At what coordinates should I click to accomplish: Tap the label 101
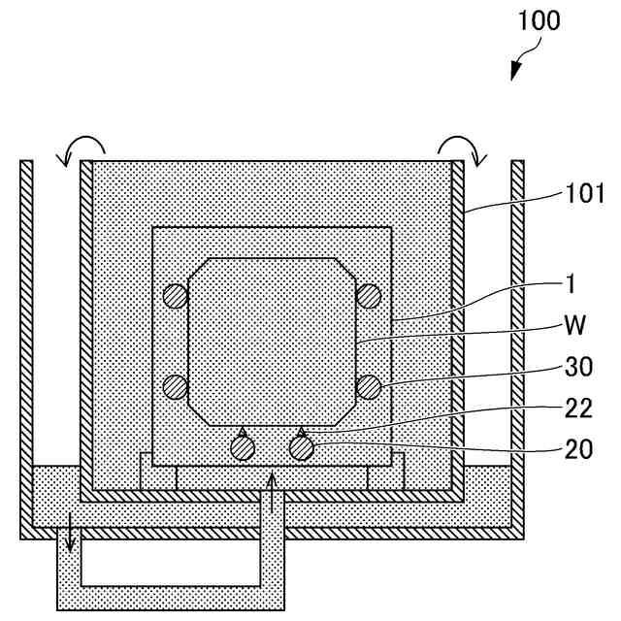pos(584,194)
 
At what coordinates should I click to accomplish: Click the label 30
pos(579,369)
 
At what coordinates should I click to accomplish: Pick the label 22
pos(579,409)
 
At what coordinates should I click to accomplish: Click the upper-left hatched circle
pos(175,296)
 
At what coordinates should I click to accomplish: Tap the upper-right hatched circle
pos(368,296)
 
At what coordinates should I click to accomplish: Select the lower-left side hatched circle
pos(175,386)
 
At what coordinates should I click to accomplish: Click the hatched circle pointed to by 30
pos(368,386)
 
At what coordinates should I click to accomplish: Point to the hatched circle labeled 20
pos(303,447)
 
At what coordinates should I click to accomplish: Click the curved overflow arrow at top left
pos(79,147)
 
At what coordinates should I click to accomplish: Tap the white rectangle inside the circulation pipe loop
pos(171,562)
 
